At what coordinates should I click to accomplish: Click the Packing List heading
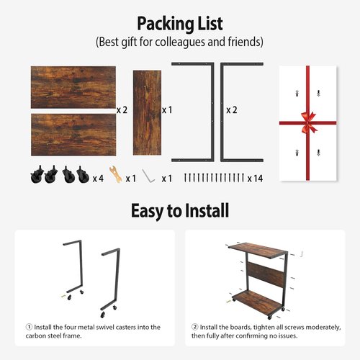pos(179,24)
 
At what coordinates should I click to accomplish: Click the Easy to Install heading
pos(179,211)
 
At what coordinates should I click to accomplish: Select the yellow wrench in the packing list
pos(112,176)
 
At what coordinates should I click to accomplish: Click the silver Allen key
pos(148,176)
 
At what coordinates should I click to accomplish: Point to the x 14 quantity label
pos(254,178)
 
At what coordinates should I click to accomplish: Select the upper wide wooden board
pos(73,87)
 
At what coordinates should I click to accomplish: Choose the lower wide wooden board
pos(73,134)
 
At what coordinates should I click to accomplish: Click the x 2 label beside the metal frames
pos(232,110)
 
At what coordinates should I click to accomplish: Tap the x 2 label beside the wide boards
pos(122,110)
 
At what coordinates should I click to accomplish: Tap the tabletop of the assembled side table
pos(257,250)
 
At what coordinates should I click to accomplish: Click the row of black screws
pos(215,177)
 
